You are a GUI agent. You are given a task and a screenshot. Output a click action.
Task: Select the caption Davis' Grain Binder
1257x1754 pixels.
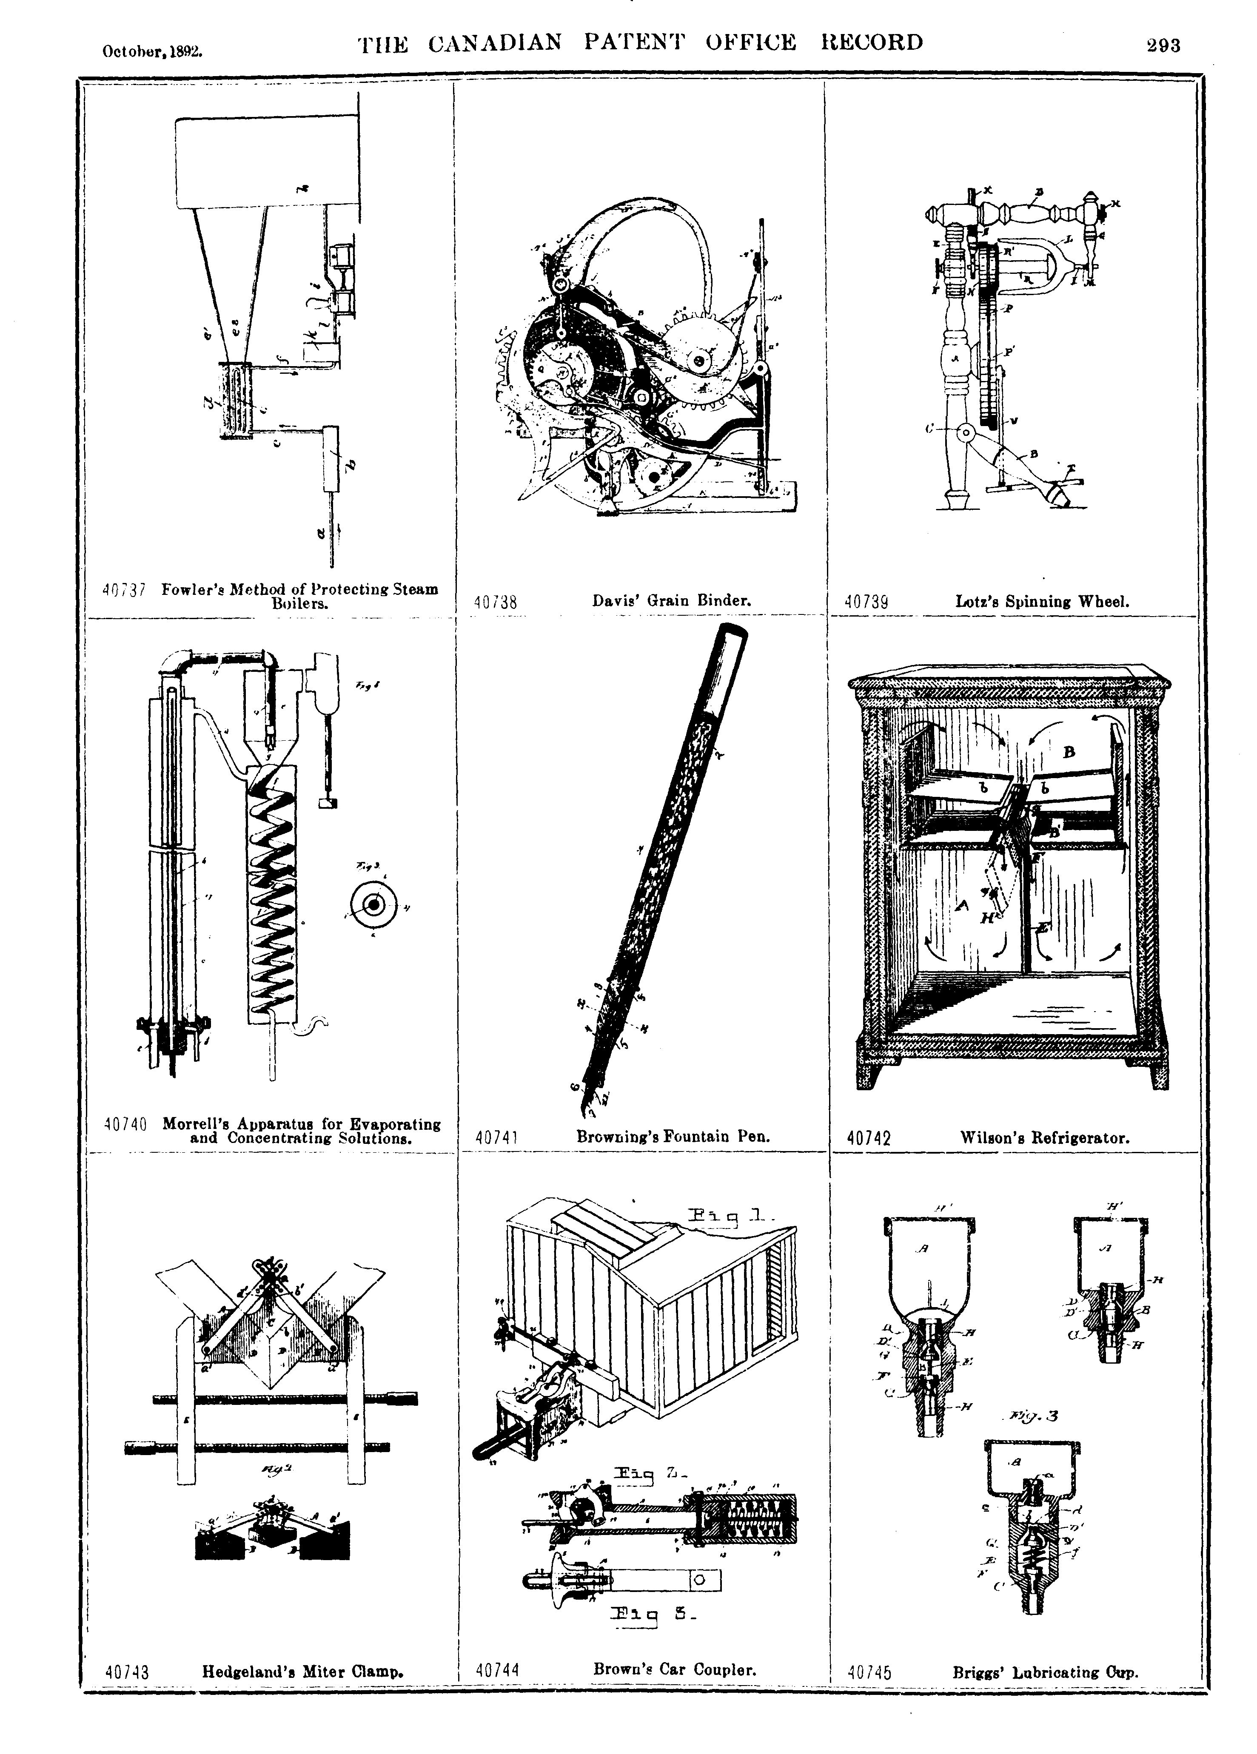click(671, 600)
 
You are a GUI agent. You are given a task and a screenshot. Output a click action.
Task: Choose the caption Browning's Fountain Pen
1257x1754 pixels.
click(673, 1137)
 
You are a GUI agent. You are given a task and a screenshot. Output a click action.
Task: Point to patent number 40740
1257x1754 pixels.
click(125, 1125)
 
